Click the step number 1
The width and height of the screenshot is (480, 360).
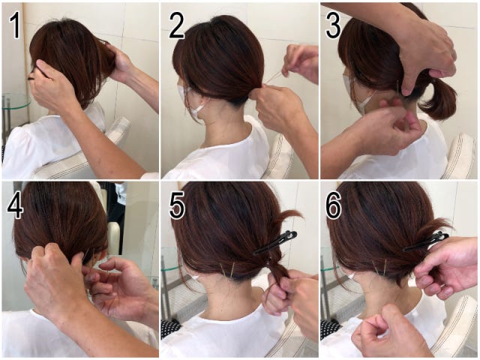point(15,26)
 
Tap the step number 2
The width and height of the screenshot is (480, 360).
point(176,26)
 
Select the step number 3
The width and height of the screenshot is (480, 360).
point(333,26)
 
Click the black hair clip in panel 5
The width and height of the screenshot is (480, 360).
point(275,243)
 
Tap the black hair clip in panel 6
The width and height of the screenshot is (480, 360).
point(425,241)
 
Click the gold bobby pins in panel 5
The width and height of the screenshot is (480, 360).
point(228,271)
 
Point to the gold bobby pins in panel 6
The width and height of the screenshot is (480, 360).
point(379,268)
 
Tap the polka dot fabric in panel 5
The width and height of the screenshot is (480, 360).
point(170,328)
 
